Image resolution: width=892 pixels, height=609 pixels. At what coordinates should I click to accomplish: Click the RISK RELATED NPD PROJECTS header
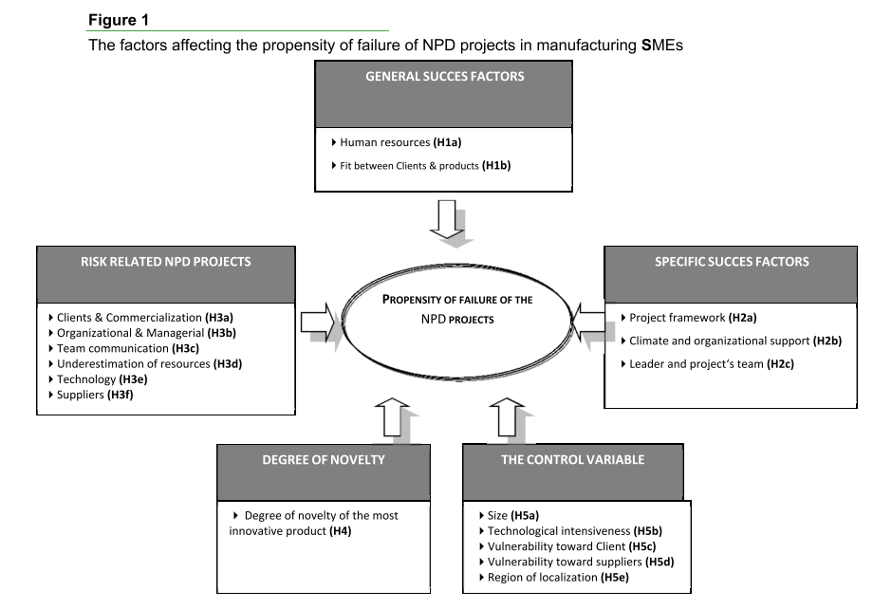pos(164,262)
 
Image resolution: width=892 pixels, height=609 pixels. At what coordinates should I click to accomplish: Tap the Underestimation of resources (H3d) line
pos(153,362)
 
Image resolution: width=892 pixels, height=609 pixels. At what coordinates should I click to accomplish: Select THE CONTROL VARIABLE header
pos(571,459)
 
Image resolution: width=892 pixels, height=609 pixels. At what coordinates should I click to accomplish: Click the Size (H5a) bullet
pos(513,515)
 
